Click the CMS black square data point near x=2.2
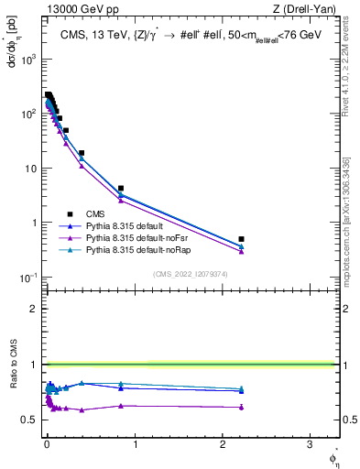(241, 238)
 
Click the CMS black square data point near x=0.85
(121, 188)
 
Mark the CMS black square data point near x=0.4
(82, 153)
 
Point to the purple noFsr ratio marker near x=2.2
(241, 407)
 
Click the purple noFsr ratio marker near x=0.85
(121, 405)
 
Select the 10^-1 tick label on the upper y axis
(27, 278)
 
